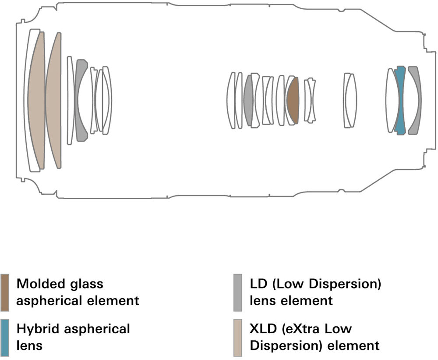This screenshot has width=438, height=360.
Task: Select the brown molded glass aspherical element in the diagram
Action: point(293,100)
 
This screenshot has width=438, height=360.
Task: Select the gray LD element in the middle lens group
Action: point(248,100)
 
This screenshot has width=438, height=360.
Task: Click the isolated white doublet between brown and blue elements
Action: point(350,100)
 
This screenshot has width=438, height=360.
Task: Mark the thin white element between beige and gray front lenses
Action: point(71,100)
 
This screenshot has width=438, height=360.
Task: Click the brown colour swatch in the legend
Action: point(5,292)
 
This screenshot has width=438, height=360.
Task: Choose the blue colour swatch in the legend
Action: point(5,338)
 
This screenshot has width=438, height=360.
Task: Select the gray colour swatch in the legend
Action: point(238,292)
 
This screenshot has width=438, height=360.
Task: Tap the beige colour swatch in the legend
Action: point(238,338)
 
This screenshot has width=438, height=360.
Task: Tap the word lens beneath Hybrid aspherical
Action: point(29,346)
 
